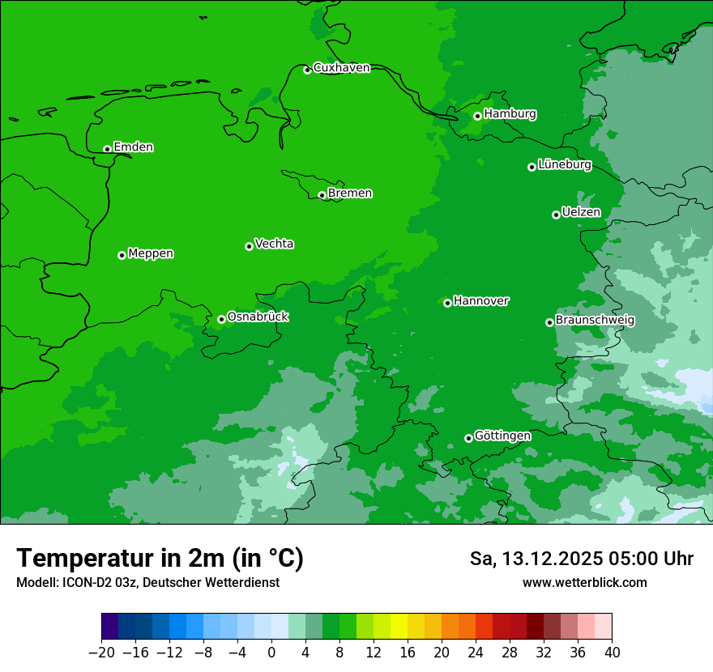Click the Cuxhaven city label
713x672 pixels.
click(x=341, y=68)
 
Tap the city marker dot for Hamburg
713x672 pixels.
click(x=477, y=116)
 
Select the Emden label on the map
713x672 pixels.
click(x=133, y=147)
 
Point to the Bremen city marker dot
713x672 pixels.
click(x=322, y=195)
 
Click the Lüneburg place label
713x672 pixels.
click(x=564, y=165)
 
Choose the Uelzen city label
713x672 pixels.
click(x=581, y=213)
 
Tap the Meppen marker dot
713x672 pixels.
click(x=122, y=255)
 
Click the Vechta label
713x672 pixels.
click(x=274, y=244)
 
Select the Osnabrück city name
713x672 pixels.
click(x=258, y=317)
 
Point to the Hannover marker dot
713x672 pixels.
click(x=447, y=303)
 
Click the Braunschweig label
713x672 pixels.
click(x=595, y=321)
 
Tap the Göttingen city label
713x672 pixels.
click(x=502, y=436)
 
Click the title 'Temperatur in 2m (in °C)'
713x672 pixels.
click(x=160, y=559)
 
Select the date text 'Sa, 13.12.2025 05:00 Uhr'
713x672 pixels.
click(x=581, y=559)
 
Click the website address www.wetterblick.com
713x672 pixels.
click(x=584, y=583)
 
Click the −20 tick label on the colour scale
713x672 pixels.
click(x=101, y=653)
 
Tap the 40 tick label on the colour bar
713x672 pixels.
click(x=612, y=653)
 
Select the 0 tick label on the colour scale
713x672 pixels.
click(x=271, y=653)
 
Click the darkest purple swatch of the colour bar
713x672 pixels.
click(x=110, y=627)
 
